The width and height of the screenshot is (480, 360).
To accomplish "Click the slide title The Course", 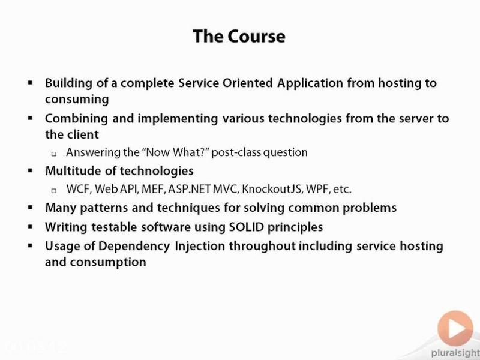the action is [239, 36].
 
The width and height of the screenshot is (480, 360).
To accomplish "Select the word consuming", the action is [77, 100].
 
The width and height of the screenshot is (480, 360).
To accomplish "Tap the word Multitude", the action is [73, 170].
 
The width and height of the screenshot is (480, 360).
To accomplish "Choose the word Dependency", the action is [134, 247].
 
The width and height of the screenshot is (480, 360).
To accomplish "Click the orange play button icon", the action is [455, 328].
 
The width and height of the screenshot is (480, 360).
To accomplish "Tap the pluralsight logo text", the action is [455, 353].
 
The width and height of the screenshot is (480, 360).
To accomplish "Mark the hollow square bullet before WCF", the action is [54, 191].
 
